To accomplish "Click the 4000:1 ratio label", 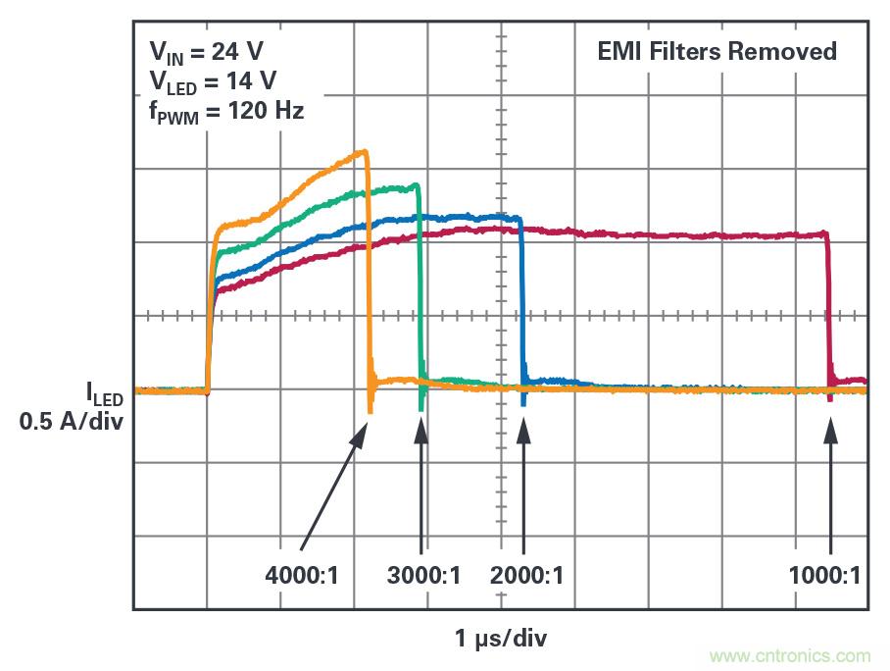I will [x=302, y=576].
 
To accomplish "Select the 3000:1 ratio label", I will [x=423, y=576].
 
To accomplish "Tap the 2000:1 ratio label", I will [x=527, y=576].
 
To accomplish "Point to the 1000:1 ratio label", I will [x=824, y=576].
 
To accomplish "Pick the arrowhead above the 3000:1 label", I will [x=421, y=428].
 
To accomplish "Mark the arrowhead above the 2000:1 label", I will [x=523, y=428].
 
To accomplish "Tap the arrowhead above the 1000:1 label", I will [x=831, y=428].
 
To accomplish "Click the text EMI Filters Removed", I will [x=717, y=52].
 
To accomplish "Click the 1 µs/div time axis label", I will [x=501, y=640].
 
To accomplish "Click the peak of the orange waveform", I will [x=364, y=152].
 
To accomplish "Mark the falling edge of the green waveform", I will [x=420, y=284].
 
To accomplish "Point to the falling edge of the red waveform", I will [x=829, y=309].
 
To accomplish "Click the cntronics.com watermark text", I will [x=790, y=655].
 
